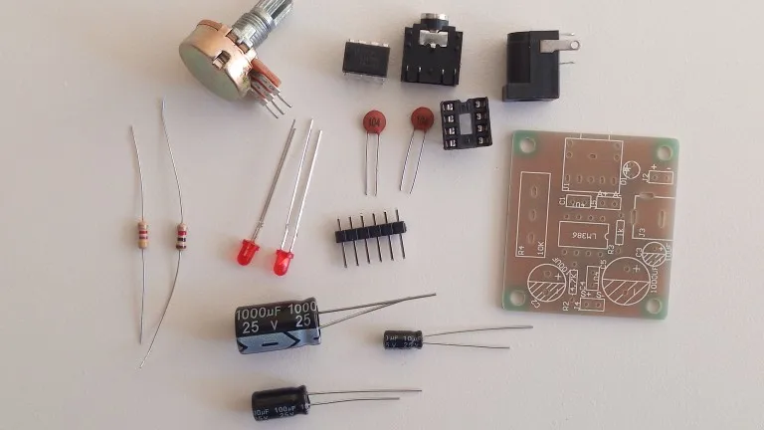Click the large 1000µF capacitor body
[x=277, y=324]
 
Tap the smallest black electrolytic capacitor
[x=403, y=339]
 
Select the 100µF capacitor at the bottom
[x=280, y=401]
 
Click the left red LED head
[x=249, y=251]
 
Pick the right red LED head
[x=284, y=263]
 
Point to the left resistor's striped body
[x=142, y=235]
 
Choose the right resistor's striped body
[x=181, y=237]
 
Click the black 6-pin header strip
[x=369, y=231]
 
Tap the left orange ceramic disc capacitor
[x=374, y=121]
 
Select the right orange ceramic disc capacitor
[x=423, y=119]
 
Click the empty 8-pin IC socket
[x=468, y=123]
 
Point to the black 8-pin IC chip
[x=365, y=60]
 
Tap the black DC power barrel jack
[x=535, y=64]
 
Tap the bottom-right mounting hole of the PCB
[x=653, y=306]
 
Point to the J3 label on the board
[x=642, y=233]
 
